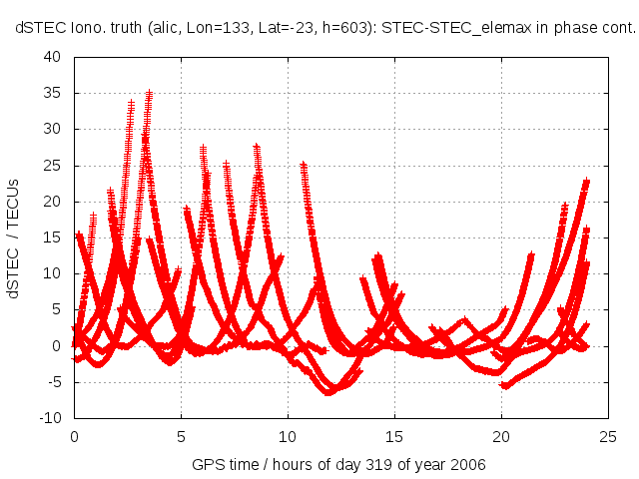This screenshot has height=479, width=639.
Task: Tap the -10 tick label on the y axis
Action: (50, 418)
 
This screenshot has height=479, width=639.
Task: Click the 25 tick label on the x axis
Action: (608, 437)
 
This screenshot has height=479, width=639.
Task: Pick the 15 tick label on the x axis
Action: (394, 437)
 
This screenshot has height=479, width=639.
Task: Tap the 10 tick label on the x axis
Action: (288, 437)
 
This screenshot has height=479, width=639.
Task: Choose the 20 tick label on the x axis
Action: (501, 437)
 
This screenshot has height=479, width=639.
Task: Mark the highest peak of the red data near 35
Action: (149, 93)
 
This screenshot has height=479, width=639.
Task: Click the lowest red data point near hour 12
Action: (328, 392)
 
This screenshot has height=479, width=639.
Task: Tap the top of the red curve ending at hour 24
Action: (586, 182)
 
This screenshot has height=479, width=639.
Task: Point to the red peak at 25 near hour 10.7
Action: (303, 165)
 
